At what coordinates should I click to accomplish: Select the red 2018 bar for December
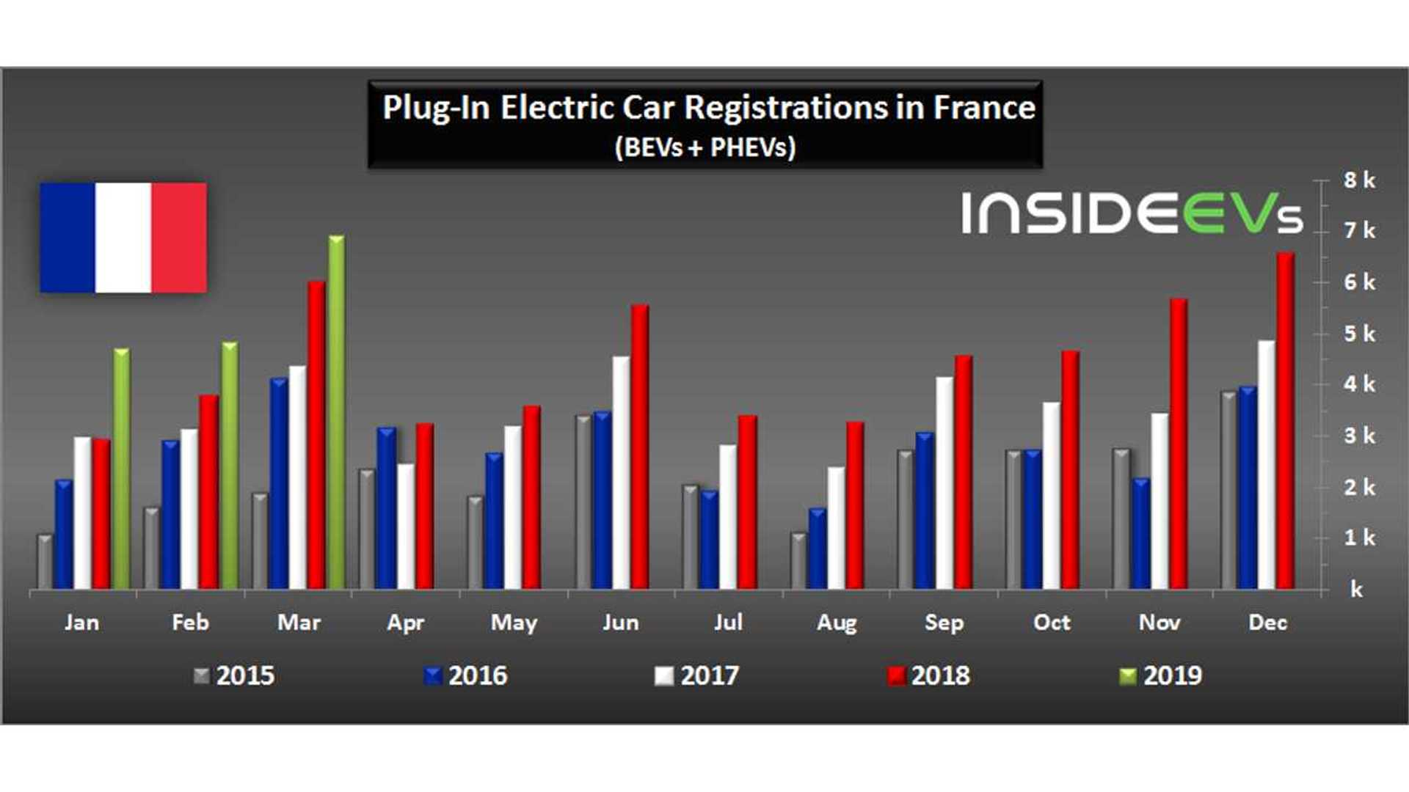(x=1285, y=422)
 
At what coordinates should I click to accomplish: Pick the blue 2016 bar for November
(x=1140, y=535)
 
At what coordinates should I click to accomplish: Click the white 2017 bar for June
(x=621, y=473)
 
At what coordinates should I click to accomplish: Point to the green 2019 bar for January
(x=121, y=469)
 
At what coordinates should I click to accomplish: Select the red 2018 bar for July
(x=747, y=502)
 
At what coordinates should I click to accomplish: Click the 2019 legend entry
(x=1161, y=675)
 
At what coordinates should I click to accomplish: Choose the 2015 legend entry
(x=234, y=675)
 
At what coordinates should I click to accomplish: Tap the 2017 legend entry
(x=698, y=675)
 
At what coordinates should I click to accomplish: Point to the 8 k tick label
(x=1358, y=180)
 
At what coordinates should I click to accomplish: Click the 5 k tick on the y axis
(x=1358, y=334)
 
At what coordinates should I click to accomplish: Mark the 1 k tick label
(x=1358, y=538)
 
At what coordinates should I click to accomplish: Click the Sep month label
(x=944, y=623)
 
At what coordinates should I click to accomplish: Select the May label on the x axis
(x=514, y=623)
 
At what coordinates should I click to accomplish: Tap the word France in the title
(x=983, y=108)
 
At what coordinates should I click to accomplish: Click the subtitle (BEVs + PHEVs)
(x=704, y=147)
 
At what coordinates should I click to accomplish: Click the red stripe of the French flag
(x=179, y=238)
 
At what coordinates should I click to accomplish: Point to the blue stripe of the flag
(x=68, y=238)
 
